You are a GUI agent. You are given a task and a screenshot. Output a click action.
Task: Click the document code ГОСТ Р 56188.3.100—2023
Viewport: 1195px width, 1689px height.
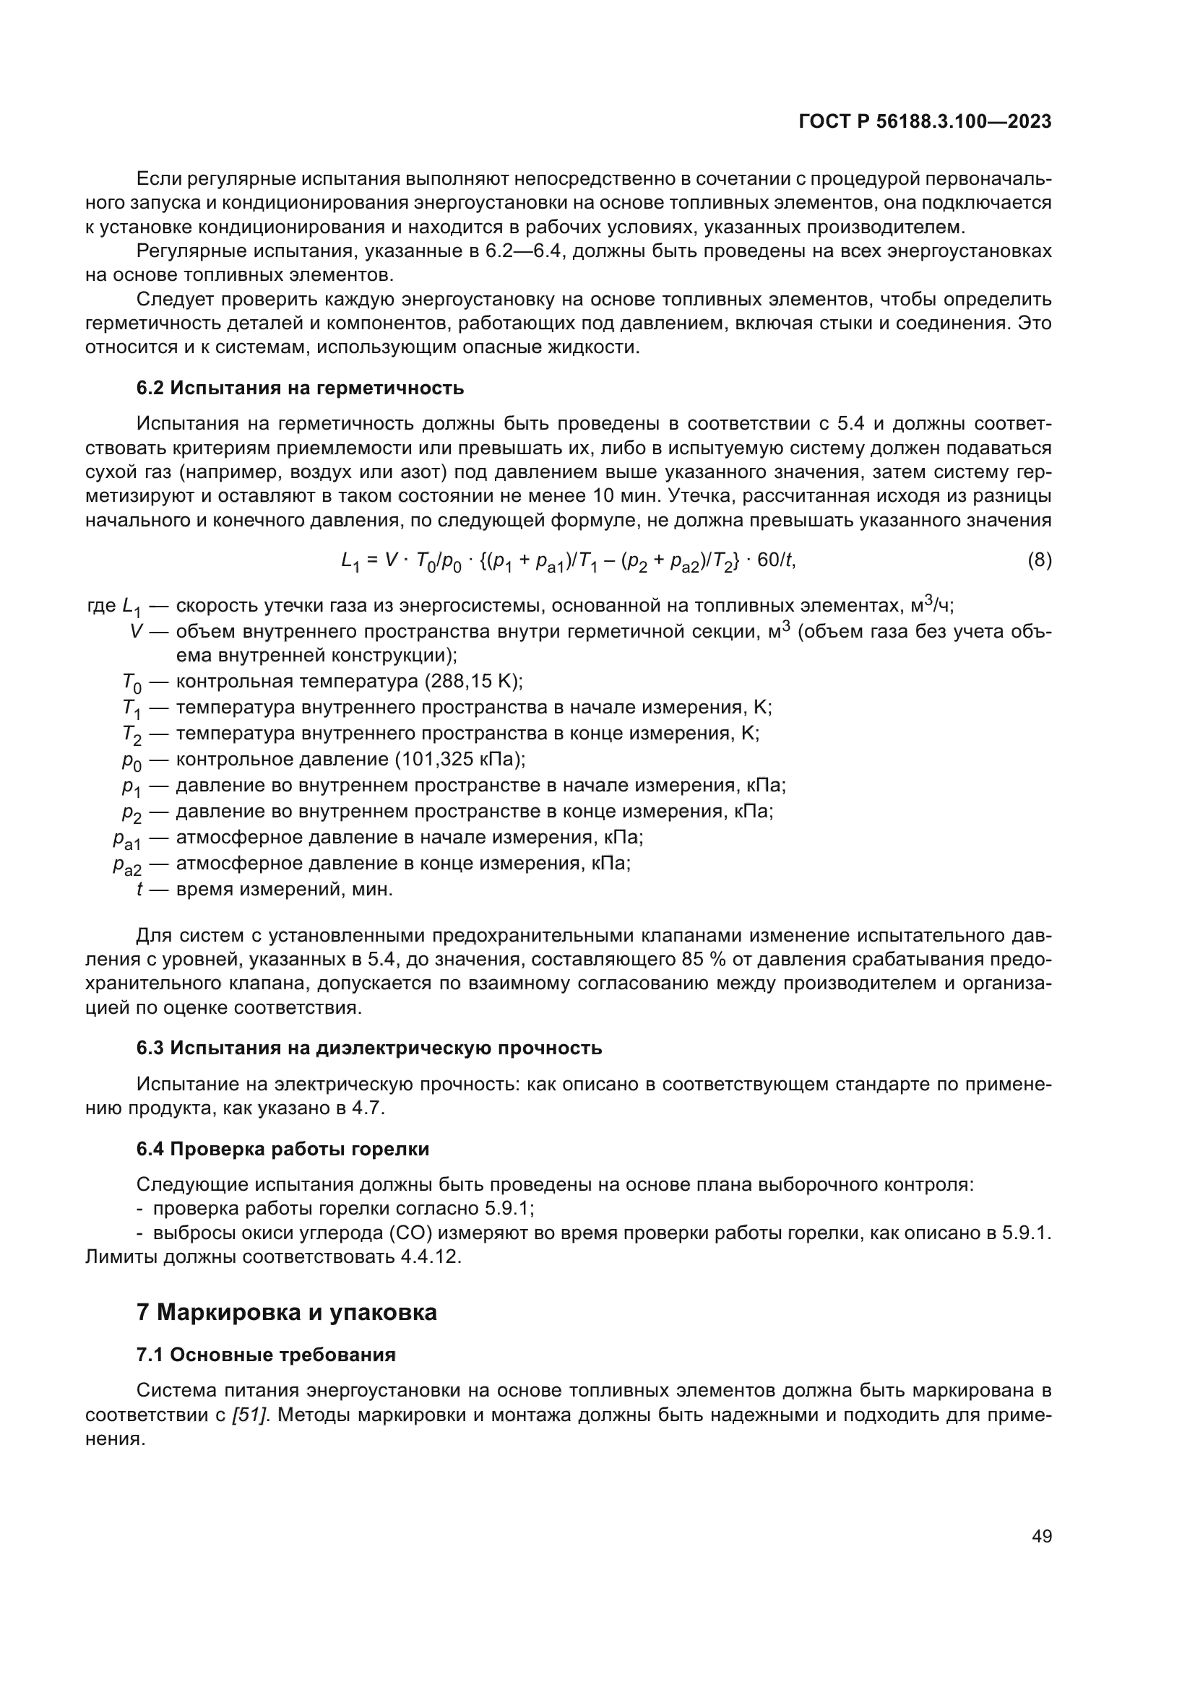925,122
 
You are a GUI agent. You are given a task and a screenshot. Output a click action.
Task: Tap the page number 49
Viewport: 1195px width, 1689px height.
1041,1536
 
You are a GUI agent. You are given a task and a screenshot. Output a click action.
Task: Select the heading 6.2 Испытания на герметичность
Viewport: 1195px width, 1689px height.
301,388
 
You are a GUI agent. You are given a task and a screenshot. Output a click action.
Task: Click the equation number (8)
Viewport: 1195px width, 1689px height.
1039,560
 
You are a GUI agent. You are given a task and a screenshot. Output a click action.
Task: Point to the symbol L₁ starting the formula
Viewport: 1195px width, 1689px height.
350,562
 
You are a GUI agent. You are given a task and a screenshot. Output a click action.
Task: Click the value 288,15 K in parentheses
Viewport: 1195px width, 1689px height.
473,681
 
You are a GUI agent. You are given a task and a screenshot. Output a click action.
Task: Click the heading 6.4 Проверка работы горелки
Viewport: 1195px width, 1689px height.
282,1149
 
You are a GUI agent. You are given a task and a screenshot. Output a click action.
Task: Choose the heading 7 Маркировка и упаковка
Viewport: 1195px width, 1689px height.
287,1312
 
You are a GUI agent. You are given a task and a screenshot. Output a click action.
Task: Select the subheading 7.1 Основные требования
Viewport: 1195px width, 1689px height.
266,1355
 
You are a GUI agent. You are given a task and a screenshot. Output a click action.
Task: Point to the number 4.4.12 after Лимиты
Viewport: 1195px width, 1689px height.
430,1256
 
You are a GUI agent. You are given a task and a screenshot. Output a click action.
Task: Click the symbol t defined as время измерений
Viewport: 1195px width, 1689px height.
139,890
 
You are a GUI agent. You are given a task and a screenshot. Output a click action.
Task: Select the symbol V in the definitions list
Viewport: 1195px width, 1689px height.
135,631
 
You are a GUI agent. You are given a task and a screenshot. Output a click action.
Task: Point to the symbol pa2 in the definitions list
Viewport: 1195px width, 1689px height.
126,866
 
